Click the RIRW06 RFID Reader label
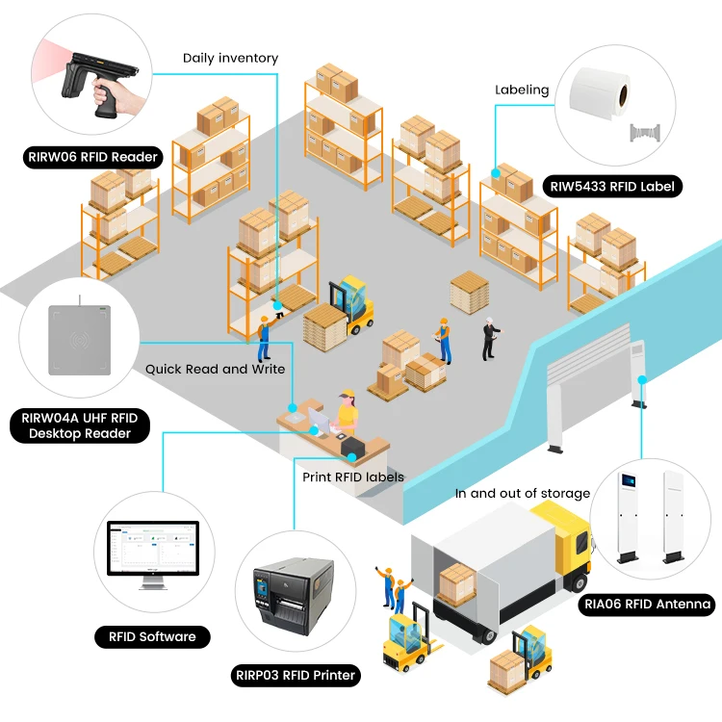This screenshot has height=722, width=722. (92, 157)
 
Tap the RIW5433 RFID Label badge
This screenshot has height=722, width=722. (612, 187)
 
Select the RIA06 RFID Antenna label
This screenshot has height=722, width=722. (647, 605)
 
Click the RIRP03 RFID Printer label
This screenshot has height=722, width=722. (296, 676)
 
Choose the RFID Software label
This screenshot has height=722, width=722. (152, 637)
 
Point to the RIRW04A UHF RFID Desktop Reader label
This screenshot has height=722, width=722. (80, 425)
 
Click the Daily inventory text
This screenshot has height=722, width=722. (230, 58)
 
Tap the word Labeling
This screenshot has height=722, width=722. (522, 90)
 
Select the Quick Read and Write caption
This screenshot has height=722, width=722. (215, 370)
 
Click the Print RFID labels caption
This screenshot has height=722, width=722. (353, 477)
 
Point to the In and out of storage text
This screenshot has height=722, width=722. (522, 494)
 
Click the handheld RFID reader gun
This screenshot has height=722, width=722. (99, 83)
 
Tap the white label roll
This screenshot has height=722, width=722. (599, 93)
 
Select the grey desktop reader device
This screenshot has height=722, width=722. (79, 339)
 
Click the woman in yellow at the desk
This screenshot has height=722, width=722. (348, 413)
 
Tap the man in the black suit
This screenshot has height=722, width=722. (491, 339)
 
